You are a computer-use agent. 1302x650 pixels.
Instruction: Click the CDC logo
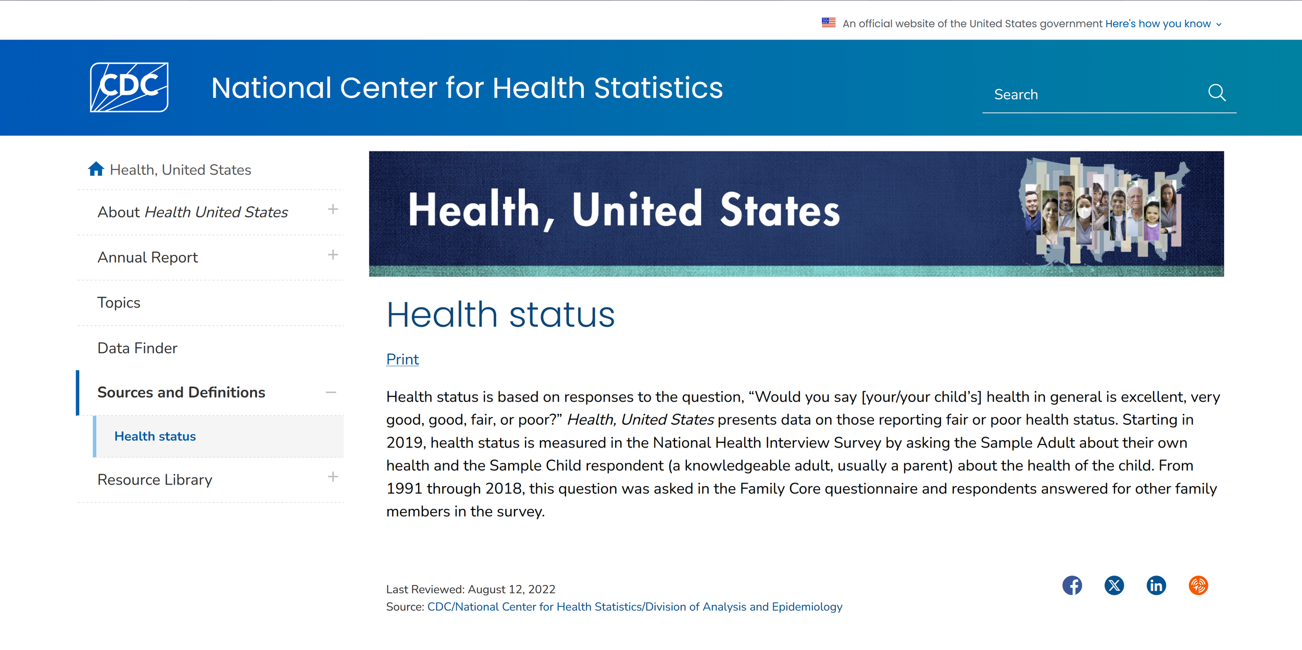129,87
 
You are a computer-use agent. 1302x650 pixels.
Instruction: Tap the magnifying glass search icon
1217,93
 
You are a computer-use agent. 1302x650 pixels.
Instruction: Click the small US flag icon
829,23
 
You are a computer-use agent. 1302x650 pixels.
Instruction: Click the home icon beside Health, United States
96,169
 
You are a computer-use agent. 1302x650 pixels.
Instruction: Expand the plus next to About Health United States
333,210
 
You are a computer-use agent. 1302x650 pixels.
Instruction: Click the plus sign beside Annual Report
333,255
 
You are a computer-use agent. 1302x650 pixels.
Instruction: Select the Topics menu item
119,302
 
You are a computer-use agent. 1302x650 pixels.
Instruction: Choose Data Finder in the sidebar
137,348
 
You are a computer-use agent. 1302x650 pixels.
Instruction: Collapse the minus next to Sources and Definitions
331,392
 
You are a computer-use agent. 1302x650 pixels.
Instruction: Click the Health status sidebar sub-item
155,436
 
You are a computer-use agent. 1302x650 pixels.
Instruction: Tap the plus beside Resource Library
333,477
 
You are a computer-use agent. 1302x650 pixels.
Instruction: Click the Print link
402,359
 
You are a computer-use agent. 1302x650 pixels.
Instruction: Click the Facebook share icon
1072,585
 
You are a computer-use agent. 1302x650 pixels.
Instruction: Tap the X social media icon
1114,585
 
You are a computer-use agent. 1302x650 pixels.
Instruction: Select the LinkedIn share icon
1156,585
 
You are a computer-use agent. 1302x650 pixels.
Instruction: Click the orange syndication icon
1198,585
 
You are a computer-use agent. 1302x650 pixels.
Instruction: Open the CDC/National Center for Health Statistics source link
634,607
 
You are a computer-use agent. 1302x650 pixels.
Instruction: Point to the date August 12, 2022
511,589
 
